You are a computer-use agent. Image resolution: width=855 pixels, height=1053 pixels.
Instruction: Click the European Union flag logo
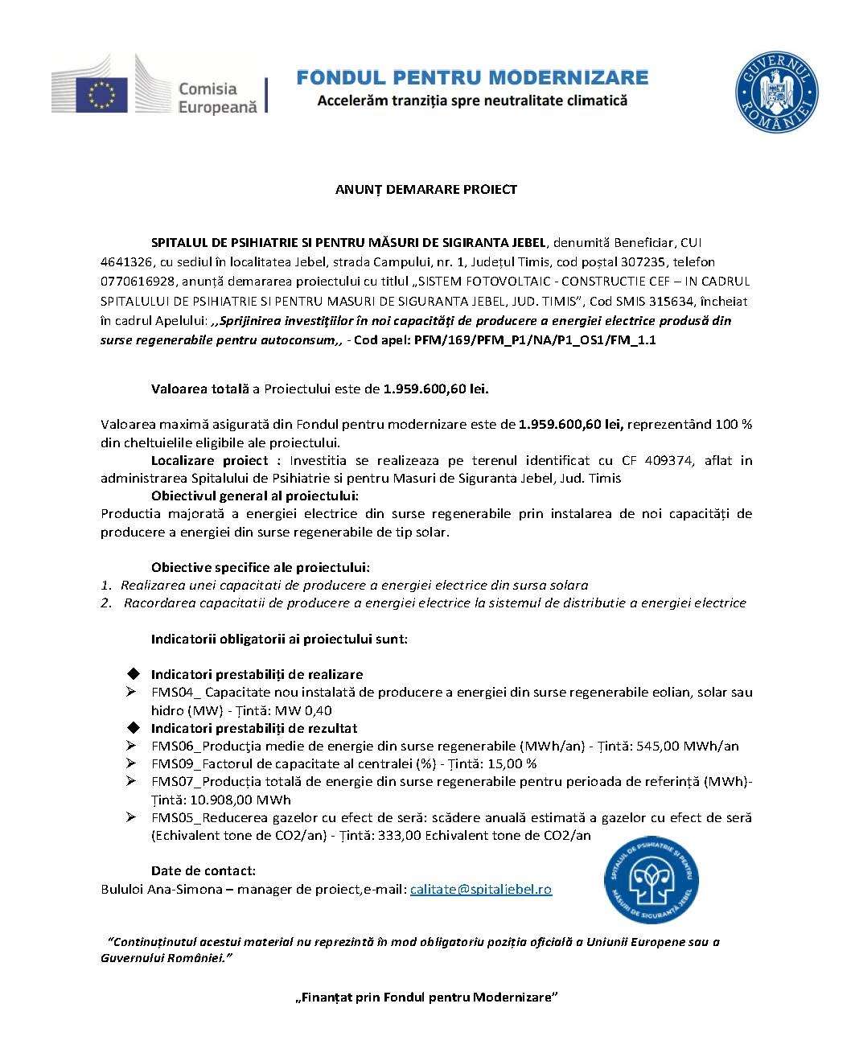102,93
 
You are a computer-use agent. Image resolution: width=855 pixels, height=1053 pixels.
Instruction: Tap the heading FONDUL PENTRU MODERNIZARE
472,77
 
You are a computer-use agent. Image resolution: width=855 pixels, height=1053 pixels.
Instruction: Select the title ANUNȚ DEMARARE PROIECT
425,190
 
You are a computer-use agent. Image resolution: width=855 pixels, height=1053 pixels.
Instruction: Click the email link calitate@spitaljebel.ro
481,889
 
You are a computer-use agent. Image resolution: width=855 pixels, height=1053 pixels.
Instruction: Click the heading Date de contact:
203,870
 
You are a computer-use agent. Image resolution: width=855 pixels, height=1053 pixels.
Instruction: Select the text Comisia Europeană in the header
217,97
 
